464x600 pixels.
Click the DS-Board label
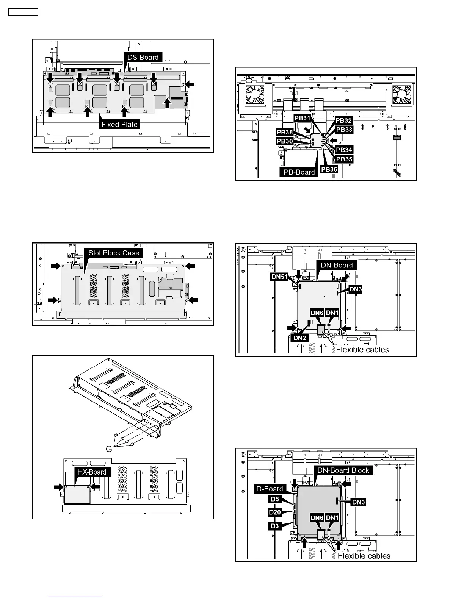[143, 57]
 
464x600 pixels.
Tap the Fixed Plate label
[119, 124]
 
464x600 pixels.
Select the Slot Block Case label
[114, 253]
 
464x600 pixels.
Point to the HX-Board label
[92, 472]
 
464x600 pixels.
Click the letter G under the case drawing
[109, 449]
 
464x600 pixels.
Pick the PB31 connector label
[302, 118]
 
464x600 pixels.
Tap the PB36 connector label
[329, 169]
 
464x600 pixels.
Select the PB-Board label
[299, 172]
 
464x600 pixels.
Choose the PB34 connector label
[344, 150]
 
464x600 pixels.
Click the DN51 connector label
[279, 277]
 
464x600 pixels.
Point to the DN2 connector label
[299, 338]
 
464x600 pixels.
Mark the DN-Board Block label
[343, 470]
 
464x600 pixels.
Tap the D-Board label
[270, 489]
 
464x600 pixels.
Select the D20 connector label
[274, 512]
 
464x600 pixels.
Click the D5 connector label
[275, 499]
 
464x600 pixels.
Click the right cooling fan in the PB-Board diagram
[401, 94]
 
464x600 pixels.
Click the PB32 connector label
[344, 120]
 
